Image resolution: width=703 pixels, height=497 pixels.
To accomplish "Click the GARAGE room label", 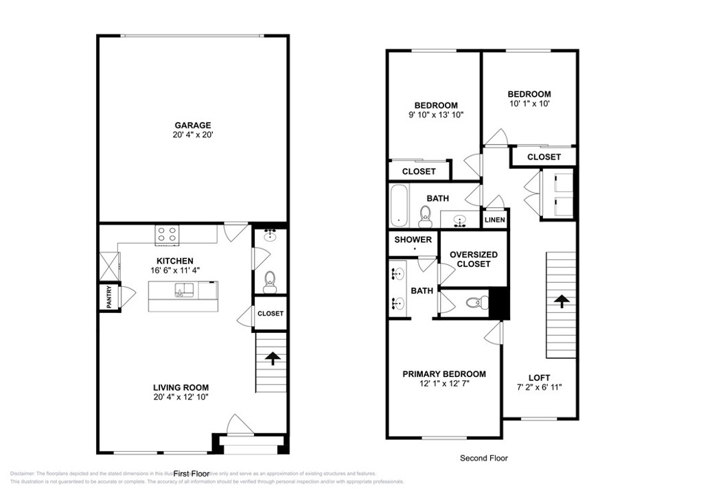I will pyautogui.click(x=192, y=125).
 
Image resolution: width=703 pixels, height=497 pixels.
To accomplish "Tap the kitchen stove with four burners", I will pyautogui.click(x=167, y=234).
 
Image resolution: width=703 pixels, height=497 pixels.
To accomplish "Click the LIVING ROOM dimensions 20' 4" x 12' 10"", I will pyautogui.click(x=181, y=397).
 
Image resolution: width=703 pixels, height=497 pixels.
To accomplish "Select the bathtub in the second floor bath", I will pyautogui.click(x=399, y=205).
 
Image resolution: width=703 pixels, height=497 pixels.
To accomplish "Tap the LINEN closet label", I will pyautogui.click(x=494, y=220).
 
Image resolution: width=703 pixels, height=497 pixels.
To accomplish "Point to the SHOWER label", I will pyautogui.click(x=413, y=240).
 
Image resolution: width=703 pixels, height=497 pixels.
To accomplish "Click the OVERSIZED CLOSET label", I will pyautogui.click(x=474, y=259).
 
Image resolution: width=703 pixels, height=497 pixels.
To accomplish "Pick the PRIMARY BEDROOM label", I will pyautogui.click(x=443, y=374).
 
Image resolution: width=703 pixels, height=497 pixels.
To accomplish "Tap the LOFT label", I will pyautogui.click(x=539, y=378).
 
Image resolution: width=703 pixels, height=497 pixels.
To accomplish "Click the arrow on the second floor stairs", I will pyautogui.click(x=561, y=301).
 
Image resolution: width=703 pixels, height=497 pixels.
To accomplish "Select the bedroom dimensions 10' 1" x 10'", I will pyautogui.click(x=529, y=104).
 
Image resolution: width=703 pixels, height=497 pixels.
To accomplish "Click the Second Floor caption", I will pyautogui.click(x=483, y=458).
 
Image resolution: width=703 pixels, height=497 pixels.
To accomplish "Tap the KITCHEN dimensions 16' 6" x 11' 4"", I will pyautogui.click(x=175, y=270).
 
